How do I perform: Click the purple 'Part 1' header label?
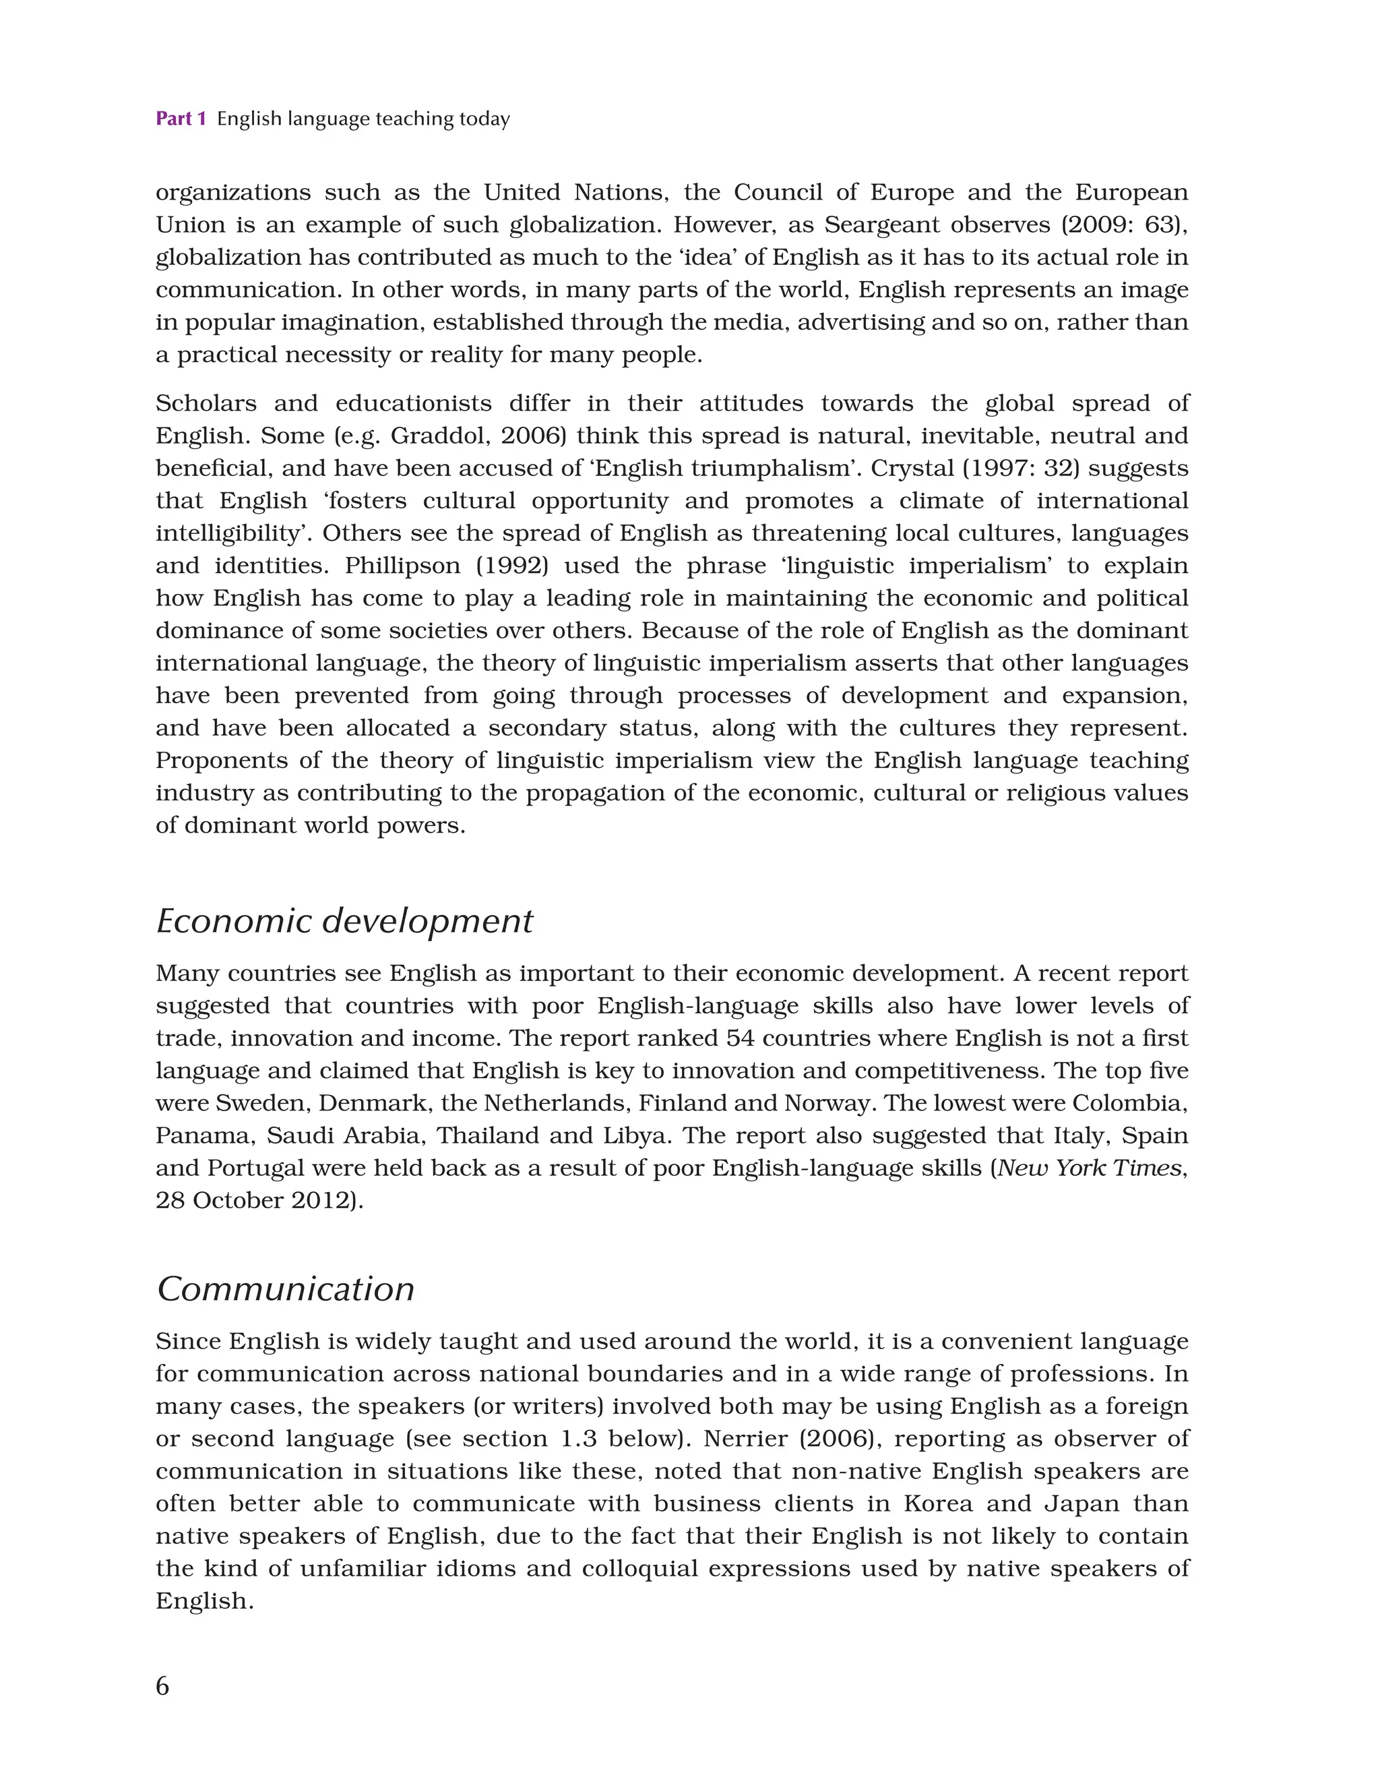181,119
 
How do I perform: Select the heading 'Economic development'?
344,922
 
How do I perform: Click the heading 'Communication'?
285,1289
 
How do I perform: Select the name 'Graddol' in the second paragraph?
439,436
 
